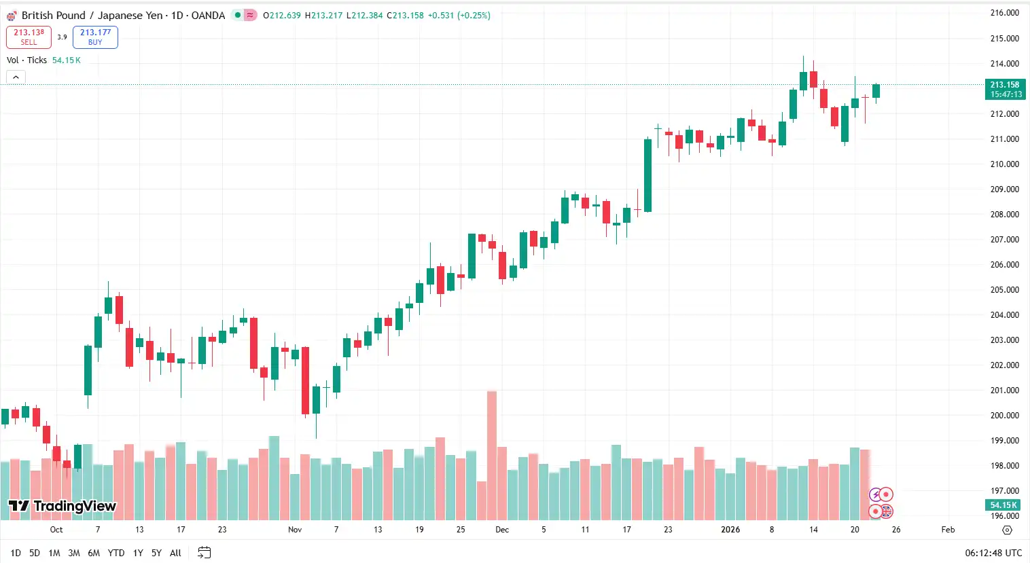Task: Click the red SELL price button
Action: (29, 37)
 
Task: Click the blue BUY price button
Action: (95, 37)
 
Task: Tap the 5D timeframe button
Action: (35, 553)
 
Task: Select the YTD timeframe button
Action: (116, 553)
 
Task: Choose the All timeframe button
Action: (175, 553)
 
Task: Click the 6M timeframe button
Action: (94, 553)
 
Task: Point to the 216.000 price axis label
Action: (1004, 13)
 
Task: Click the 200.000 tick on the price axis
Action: (1004, 415)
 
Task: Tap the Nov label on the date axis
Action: (295, 530)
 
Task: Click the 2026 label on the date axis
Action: (730, 530)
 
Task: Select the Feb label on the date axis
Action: (948, 530)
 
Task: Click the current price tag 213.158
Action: (1004, 89)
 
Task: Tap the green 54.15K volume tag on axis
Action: (1003, 505)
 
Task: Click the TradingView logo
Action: (63, 506)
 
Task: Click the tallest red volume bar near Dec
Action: (491, 455)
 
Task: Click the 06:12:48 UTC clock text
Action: (993, 553)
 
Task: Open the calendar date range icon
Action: (204, 553)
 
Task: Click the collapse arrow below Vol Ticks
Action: (16, 77)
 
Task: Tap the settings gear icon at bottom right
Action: (1007, 530)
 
